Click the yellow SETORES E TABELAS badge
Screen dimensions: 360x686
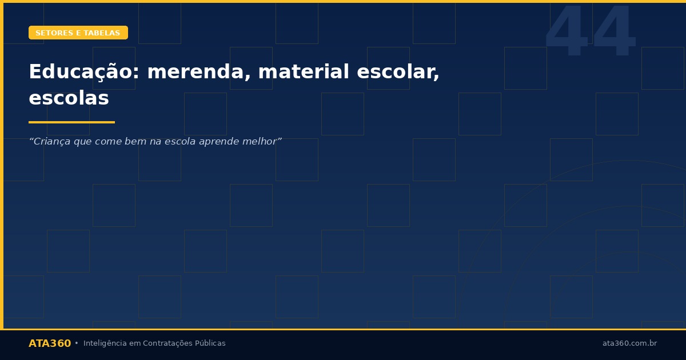78,33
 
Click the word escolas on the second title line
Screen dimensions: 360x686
69,98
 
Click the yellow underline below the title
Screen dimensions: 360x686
71,122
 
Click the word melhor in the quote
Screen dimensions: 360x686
261,141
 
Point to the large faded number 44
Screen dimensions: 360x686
590,33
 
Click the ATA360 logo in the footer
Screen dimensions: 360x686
50,343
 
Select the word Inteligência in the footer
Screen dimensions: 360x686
105,343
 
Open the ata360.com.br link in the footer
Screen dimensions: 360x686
629,343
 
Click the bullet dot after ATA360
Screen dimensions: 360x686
77,343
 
